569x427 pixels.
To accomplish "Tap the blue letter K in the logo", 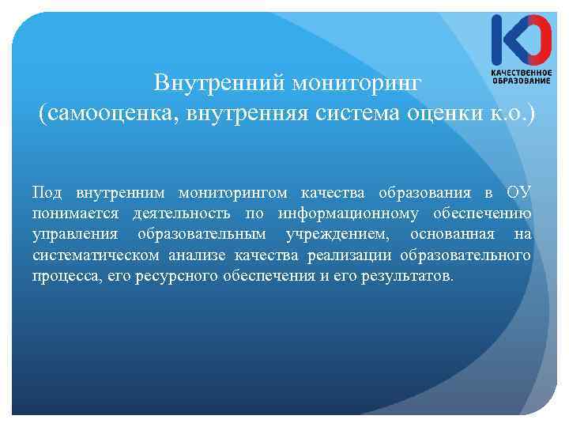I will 503,40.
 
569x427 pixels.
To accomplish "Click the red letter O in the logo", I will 535,40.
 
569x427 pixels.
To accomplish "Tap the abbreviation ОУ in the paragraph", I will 518,194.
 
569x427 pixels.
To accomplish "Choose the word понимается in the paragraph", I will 75,214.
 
